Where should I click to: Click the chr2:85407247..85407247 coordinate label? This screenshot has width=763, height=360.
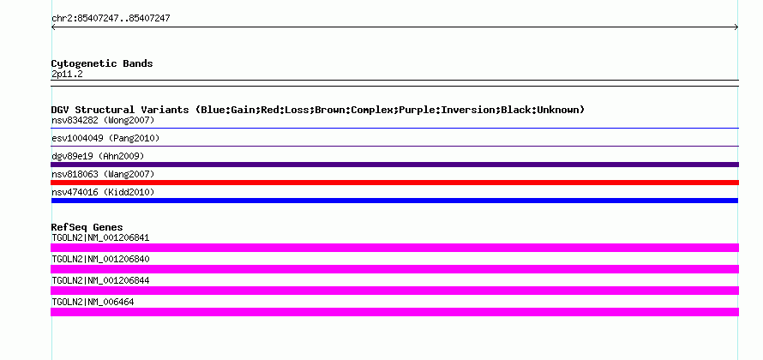tap(111, 19)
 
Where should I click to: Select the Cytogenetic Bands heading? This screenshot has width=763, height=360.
tap(102, 63)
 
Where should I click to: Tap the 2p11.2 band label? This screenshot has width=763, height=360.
tap(67, 75)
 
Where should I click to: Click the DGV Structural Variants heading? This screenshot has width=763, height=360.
tap(318, 110)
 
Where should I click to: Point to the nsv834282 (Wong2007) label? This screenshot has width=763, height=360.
tap(103, 120)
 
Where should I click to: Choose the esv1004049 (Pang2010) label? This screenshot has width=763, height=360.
tap(105, 138)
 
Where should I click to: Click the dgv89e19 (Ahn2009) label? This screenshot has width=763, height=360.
tap(98, 156)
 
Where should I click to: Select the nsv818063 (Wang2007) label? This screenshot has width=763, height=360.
tap(103, 174)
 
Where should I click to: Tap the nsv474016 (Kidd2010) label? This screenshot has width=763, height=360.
tap(103, 193)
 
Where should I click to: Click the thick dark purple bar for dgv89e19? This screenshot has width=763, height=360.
tap(394, 165)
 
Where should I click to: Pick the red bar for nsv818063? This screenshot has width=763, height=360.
tap(394, 183)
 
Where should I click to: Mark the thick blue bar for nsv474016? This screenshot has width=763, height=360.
tap(394, 201)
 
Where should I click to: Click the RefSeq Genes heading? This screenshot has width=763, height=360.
tap(87, 227)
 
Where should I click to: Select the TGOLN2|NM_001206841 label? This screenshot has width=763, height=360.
tap(100, 238)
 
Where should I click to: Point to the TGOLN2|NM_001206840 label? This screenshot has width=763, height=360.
tap(100, 260)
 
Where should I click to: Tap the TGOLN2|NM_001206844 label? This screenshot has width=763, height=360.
tap(100, 280)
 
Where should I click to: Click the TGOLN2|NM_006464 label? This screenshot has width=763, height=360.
tap(93, 302)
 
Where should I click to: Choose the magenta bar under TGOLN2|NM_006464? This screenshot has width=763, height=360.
tap(394, 312)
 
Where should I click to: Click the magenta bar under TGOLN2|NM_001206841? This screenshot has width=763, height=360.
tap(394, 248)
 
